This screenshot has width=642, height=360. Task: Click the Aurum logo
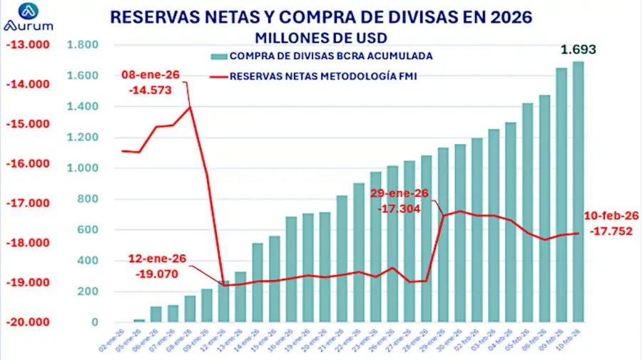[x=29, y=17]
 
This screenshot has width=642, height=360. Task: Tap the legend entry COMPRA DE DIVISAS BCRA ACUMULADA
[x=321, y=55]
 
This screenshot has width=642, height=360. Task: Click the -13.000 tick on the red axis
[x=24, y=45]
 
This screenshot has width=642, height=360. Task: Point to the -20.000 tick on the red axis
[x=24, y=322]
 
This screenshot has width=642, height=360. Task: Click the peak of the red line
[x=190, y=107]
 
